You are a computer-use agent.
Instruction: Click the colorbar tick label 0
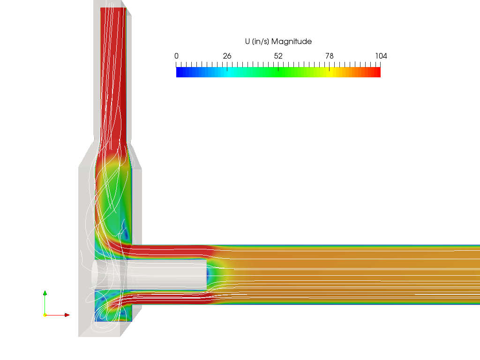[176, 56]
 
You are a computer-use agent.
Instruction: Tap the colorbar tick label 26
[227, 56]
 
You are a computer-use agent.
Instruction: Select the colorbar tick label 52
[278, 56]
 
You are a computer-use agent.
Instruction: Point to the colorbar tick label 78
[330, 56]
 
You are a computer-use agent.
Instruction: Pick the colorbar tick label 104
[381, 56]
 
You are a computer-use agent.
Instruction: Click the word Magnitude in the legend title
[292, 42]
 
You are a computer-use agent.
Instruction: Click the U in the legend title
[247, 41]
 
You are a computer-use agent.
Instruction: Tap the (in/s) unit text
[261, 42]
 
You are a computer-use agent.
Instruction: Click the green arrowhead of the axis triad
[45, 293]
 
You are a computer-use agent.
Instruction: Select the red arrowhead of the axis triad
[67, 315]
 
